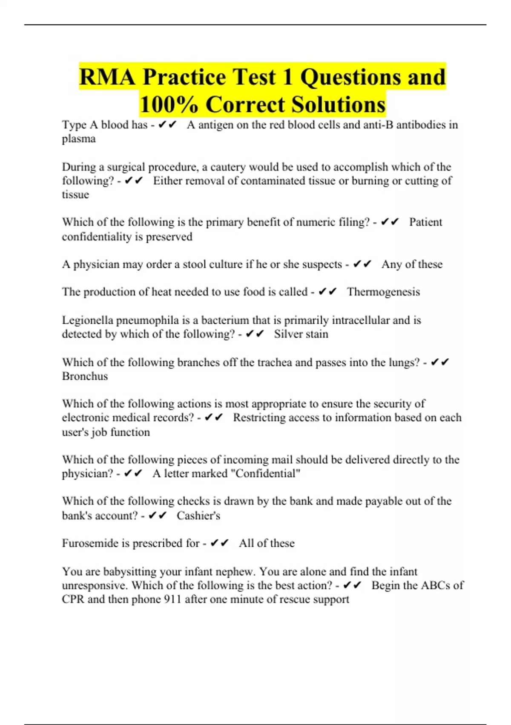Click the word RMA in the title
[107, 77]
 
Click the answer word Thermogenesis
[383, 292]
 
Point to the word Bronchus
[85, 376]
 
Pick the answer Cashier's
[198, 516]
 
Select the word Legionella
[87, 320]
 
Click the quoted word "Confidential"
[268, 473]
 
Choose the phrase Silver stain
[301, 334]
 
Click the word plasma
[79, 139]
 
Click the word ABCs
[435, 585]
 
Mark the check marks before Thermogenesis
[327, 292]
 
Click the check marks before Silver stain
[255, 334]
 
